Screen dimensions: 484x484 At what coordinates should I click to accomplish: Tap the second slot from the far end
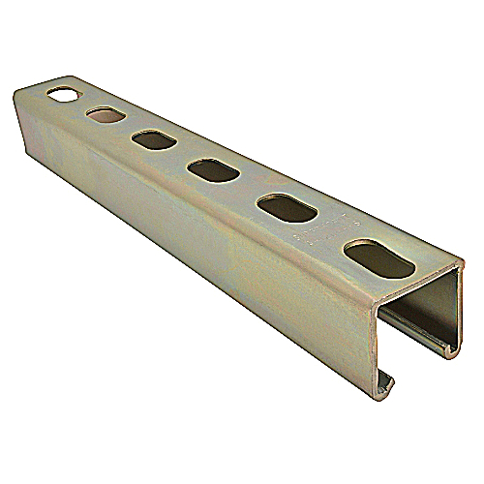(x=103, y=116)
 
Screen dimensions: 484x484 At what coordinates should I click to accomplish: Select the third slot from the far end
(x=150, y=140)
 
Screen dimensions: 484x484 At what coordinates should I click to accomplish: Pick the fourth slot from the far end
(x=207, y=171)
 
